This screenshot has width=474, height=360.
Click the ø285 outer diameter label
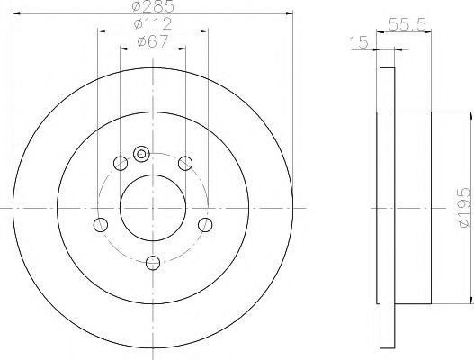point(152,8)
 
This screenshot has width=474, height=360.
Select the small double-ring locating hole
point(141,154)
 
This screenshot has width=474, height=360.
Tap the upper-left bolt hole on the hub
point(121,163)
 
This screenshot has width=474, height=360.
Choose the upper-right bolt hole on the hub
point(185,163)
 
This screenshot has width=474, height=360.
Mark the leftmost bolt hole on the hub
point(101,224)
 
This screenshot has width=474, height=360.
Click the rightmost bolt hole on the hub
point(206,224)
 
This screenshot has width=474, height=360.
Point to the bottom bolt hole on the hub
point(153,262)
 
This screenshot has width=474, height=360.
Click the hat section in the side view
point(416,206)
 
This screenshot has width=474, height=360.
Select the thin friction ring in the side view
point(388,206)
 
